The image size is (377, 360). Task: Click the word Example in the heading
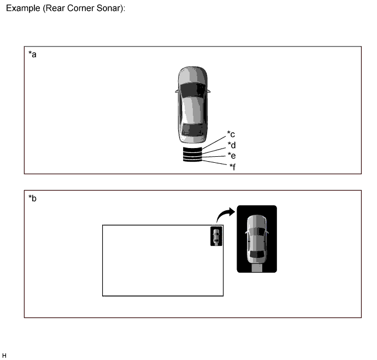click(23, 8)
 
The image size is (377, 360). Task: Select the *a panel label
click(32, 54)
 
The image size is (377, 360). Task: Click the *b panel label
click(32, 198)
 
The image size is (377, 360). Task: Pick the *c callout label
click(231, 134)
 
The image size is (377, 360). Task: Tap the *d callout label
click(232, 145)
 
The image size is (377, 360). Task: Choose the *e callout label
click(232, 156)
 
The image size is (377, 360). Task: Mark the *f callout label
click(233, 167)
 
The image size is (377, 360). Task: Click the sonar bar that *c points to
click(192, 150)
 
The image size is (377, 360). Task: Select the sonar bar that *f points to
click(192, 160)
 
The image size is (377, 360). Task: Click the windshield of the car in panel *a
click(193, 90)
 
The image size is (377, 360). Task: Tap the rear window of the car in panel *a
click(193, 130)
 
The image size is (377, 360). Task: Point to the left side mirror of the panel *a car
click(177, 91)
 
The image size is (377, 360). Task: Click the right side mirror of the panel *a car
click(209, 91)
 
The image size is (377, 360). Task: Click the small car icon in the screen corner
click(216, 236)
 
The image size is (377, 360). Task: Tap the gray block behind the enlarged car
click(257, 268)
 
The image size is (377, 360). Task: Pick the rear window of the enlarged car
click(257, 254)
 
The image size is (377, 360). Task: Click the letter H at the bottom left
click(4, 356)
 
